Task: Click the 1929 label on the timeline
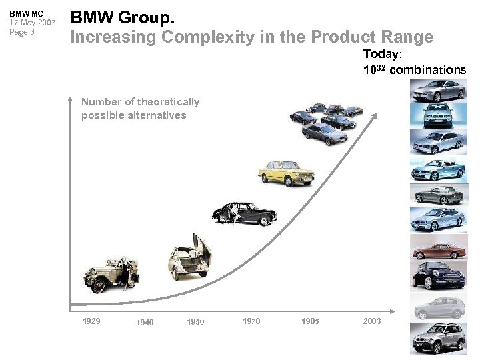click(x=91, y=321)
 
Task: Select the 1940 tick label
click(x=145, y=323)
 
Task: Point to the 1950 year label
click(x=195, y=322)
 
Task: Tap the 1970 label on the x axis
click(x=251, y=321)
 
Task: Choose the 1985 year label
click(x=310, y=321)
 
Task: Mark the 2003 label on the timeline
click(x=372, y=321)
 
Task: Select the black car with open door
click(x=244, y=213)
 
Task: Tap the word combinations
click(x=427, y=69)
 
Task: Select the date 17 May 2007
click(x=32, y=23)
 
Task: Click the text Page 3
click(x=21, y=32)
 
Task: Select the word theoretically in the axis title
click(x=168, y=102)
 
